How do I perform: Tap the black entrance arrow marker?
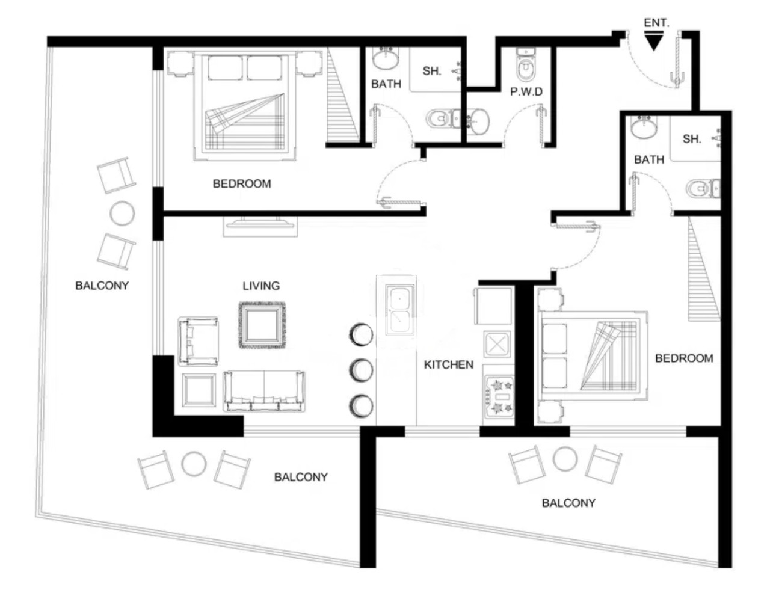pos(654,41)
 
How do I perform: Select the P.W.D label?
pos(526,92)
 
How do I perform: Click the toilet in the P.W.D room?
pos(526,65)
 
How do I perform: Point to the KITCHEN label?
pos(449,365)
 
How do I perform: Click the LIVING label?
pos(261,286)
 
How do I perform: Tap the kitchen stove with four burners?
pos(499,396)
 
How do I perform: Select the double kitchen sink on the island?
pos(399,310)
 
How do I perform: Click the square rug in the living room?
pos(262,325)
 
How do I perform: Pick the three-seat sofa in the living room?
pos(264,391)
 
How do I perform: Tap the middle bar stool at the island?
pos(361,370)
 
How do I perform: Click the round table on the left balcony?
pos(122,213)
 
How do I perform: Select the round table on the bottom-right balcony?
pos(565,459)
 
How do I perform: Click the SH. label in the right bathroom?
pos(692,139)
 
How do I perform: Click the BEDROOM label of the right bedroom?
pos(684,358)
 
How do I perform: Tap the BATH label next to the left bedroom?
pos(386,84)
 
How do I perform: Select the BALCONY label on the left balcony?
pos(102,286)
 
